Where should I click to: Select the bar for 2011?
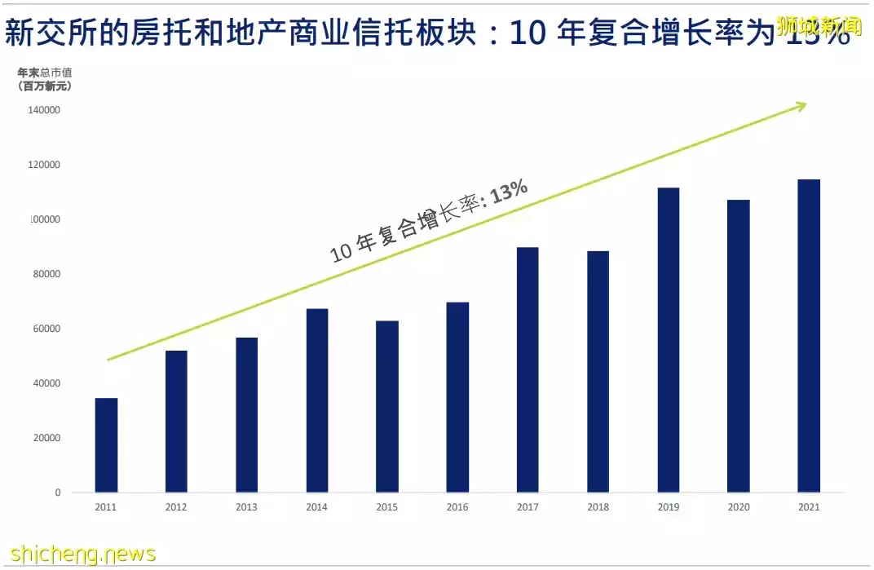106,445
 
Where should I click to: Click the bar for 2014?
317,400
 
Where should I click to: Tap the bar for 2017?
527,370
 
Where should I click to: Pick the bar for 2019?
668,340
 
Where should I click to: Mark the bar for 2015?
387,406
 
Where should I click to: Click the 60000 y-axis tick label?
47,329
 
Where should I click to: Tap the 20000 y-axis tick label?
47,438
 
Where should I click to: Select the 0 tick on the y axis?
58,493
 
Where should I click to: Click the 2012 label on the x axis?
176,507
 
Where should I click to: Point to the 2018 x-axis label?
598,507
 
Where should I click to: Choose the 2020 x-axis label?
738,507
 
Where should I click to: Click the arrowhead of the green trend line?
801,105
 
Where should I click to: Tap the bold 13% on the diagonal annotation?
510,193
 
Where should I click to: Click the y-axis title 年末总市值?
45,73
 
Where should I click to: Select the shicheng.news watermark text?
78,554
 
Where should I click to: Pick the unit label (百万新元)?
45,86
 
